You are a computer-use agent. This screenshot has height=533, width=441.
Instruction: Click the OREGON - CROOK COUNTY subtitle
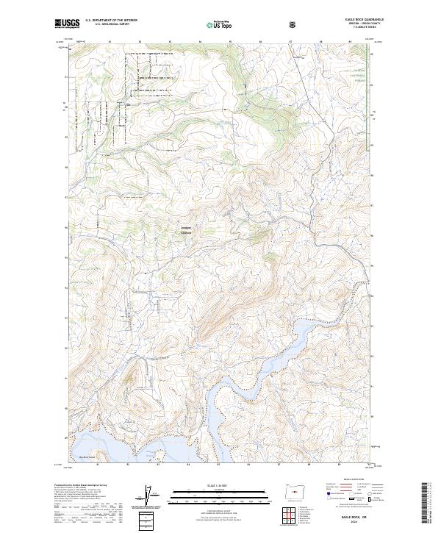pyautogui.click(x=370, y=25)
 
